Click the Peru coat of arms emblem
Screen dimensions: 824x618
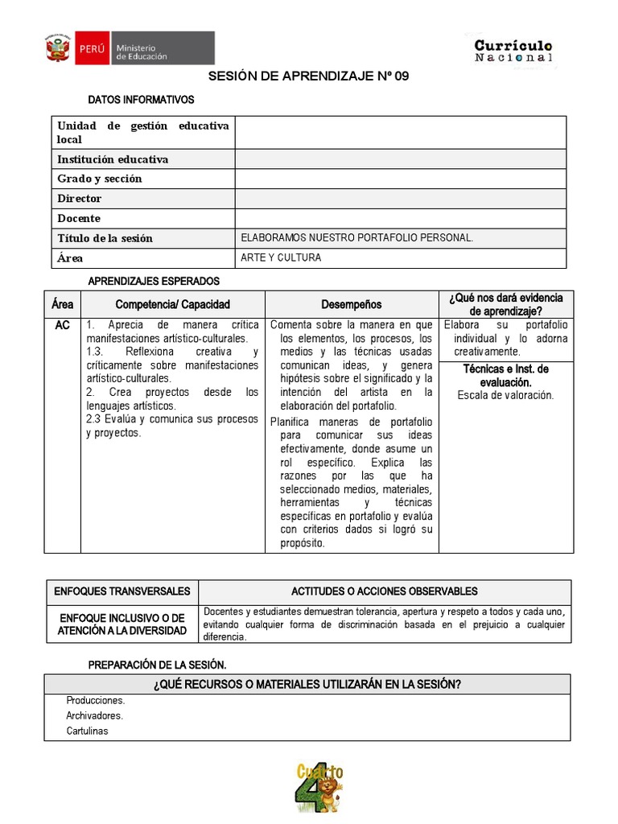point(58,48)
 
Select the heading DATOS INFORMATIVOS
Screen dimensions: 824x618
point(141,101)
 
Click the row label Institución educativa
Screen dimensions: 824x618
point(113,159)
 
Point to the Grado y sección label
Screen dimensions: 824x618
point(100,179)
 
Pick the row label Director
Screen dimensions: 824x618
point(80,199)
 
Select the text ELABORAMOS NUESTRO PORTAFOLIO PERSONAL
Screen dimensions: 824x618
point(357,238)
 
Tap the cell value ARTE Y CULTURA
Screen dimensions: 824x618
point(281,257)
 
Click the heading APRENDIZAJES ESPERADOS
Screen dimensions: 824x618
point(153,281)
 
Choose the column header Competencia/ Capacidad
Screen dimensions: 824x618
point(172,304)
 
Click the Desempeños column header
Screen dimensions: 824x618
point(352,304)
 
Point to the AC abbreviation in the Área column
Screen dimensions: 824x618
point(63,325)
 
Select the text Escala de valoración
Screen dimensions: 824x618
point(505,395)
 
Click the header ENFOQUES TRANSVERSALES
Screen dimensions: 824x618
point(122,591)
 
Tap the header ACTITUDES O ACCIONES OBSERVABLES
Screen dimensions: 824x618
point(384,591)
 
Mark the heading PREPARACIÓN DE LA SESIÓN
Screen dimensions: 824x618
point(157,665)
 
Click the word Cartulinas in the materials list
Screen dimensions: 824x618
point(88,731)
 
